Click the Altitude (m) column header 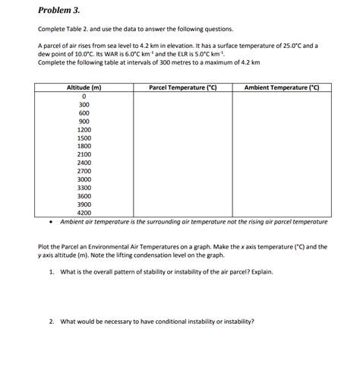84,87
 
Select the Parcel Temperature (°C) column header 182,87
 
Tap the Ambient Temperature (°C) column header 282,87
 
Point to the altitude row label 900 84,122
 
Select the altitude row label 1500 84,138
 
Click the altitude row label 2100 84,154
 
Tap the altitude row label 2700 84,171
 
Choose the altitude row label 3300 84,188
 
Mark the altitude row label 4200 84,213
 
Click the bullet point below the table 50,222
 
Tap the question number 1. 50,271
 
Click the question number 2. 50,321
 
